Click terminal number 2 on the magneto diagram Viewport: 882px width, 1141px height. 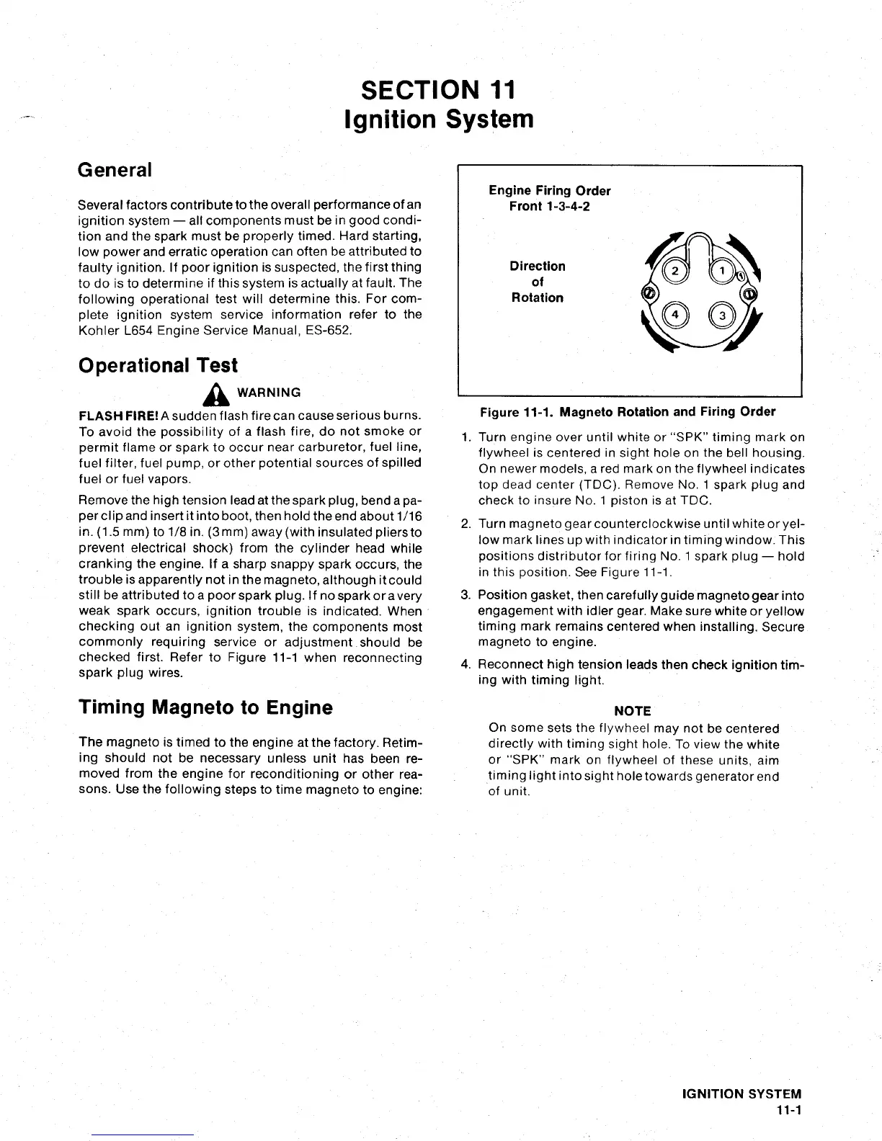tap(675, 271)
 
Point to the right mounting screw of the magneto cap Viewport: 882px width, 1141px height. tap(750, 294)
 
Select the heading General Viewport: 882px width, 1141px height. tap(115, 170)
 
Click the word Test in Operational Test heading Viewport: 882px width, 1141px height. tap(218, 365)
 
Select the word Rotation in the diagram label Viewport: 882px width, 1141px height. tap(537, 297)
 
